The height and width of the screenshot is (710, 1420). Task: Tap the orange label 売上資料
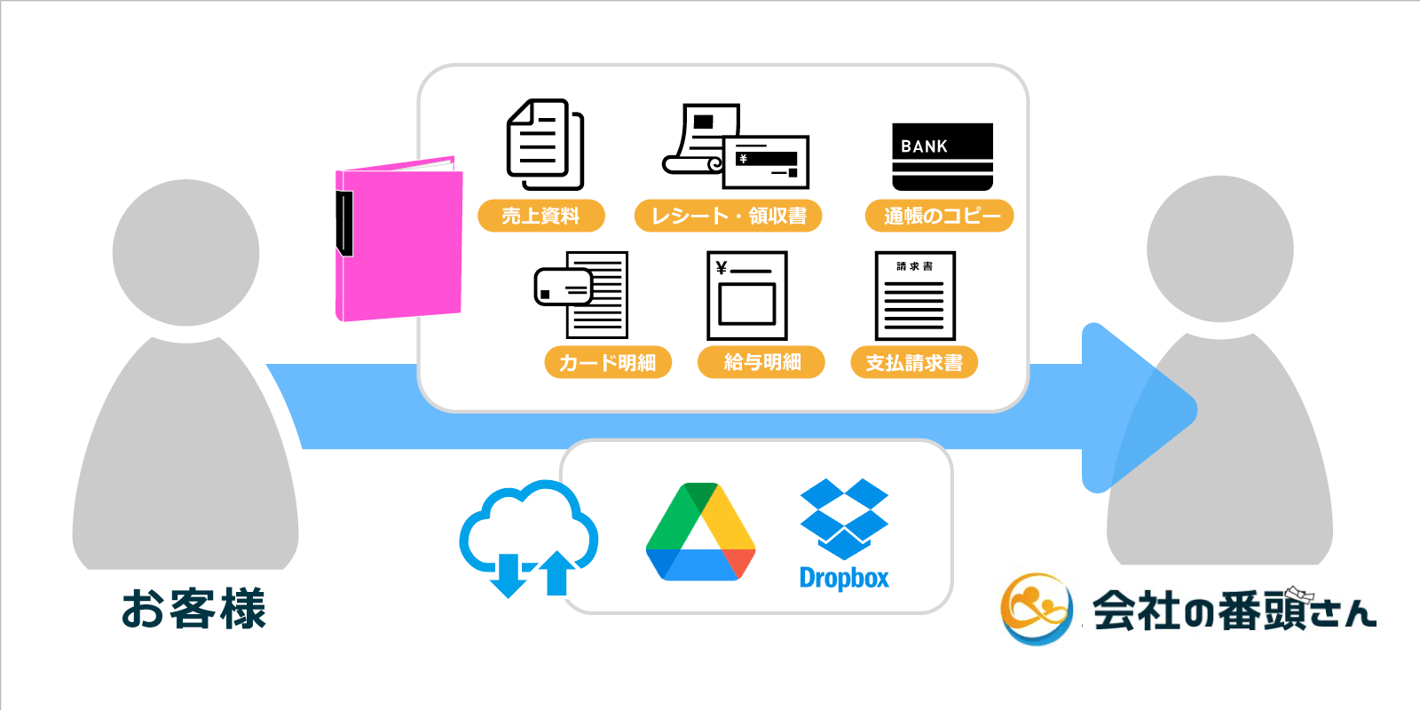click(x=540, y=216)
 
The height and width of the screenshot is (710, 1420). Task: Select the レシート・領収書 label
click(x=728, y=216)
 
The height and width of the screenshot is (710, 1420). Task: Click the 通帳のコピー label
click(x=939, y=216)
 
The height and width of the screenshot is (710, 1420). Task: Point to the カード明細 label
click(x=608, y=362)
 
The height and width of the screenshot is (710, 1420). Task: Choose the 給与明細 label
click(x=761, y=362)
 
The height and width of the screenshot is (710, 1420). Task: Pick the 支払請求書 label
click(x=914, y=362)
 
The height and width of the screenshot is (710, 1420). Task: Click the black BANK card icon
click(x=942, y=156)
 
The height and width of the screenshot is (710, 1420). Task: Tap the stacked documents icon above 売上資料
click(x=544, y=144)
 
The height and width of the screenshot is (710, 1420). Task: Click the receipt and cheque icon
click(x=737, y=146)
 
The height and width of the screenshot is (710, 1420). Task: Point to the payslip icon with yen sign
click(x=746, y=296)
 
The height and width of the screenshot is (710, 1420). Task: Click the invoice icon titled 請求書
click(x=915, y=296)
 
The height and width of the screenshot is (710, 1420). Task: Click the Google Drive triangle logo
click(x=700, y=532)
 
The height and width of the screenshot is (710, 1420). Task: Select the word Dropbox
click(x=844, y=579)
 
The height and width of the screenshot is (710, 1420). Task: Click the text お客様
click(x=193, y=609)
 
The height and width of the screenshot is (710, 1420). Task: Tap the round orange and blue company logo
click(x=1036, y=609)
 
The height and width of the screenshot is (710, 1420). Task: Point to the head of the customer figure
click(x=185, y=252)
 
